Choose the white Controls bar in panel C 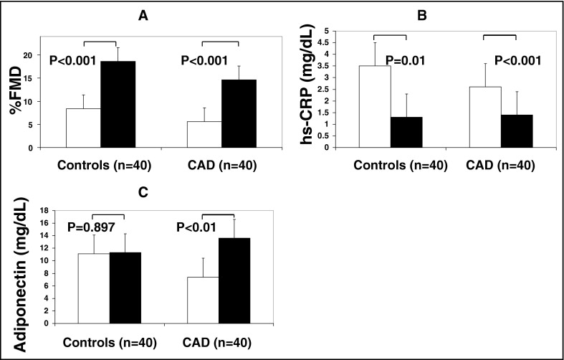click(x=92, y=288)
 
